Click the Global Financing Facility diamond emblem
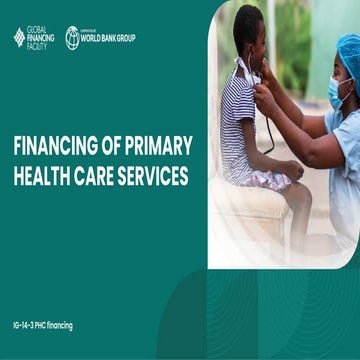[x=19, y=37]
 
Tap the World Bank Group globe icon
[x=72, y=37]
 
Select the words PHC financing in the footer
[x=56, y=325]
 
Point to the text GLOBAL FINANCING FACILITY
[x=42, y=37]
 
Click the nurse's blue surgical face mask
[x=337, y=92]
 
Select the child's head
[x=248, y=30]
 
